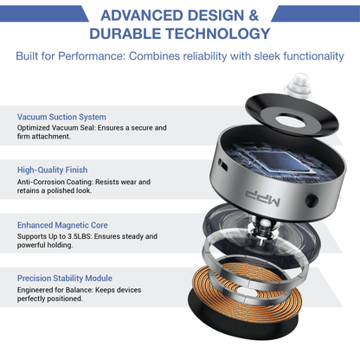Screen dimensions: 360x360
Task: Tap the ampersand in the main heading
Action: click(x=253, y=16)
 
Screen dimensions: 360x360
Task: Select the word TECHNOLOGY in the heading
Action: click(x=218, y=34)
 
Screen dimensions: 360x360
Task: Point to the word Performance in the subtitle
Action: click(x=91, y=56)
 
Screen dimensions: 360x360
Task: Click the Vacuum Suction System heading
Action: click(x=61, y=117)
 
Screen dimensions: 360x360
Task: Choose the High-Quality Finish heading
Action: click(x=52, y=170)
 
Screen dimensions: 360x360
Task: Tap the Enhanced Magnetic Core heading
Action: click(x=62, y=225)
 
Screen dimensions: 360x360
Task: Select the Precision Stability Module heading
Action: click(x=65, y=279)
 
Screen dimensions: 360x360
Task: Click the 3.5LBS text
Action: click(x=80, y=236)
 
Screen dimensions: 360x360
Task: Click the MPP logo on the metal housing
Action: click(x=263, y=198)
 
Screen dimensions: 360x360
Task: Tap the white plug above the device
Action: click(x=298, y=85)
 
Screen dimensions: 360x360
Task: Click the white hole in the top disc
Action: click(x=291, y=121)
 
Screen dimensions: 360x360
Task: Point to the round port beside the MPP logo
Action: click(x=312, y=201)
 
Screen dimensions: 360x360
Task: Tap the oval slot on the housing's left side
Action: click(x=222, y=164)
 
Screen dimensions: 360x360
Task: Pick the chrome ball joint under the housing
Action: click(x=263, y=226)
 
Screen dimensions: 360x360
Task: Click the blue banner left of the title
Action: click(x=43, y=14)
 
